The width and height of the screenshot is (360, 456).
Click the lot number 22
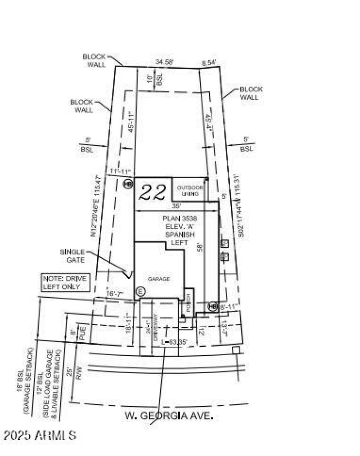[x=152, y=192]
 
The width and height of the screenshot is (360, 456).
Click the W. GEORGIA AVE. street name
[x=169, y=416]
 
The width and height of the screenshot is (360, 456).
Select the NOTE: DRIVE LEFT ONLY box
[x=65, y=282]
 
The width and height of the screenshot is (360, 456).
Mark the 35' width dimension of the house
[x=176, y=206]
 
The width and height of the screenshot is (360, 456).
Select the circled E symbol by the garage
[x=139, y=291]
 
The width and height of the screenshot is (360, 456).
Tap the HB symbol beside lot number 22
[x=128, y=183]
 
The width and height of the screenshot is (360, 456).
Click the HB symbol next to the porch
[x=212, y=306]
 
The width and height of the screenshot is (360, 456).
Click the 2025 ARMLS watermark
[x=40, y=435]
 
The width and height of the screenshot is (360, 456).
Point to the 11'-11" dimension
[x=120, y=171]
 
